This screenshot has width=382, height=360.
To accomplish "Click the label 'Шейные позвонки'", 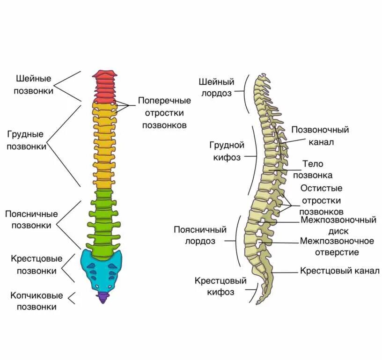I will click(x=34, y=84).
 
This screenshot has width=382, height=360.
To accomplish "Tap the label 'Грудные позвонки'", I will click(x=27, y=140).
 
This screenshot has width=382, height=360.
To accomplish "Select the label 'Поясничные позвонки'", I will click(x=31, y=219).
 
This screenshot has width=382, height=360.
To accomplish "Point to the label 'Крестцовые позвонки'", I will click(x=37, y=264).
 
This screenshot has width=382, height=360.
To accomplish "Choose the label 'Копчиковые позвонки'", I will click(x=37, y=301).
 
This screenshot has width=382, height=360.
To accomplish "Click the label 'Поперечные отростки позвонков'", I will click(x=164, y=113).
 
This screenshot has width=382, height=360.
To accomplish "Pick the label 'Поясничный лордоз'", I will click(x=200, y=235).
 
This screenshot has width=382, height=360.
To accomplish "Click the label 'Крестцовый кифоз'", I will click(x=214, y=287).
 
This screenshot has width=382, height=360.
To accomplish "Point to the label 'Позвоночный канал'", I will click(x=320, y=136).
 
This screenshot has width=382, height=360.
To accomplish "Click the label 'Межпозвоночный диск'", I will click(x=338, y=225).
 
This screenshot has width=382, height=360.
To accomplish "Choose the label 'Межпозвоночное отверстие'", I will click(x=337, y=247).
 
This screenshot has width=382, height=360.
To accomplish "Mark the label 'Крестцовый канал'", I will click(x=339, y=271).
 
